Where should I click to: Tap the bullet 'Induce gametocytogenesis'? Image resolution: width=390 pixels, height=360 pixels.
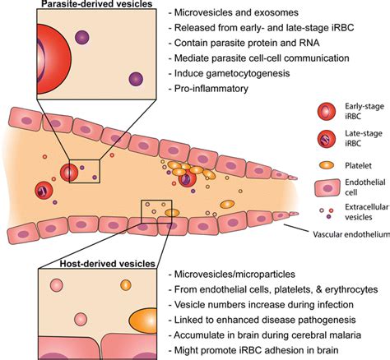[x=235, y=72]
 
